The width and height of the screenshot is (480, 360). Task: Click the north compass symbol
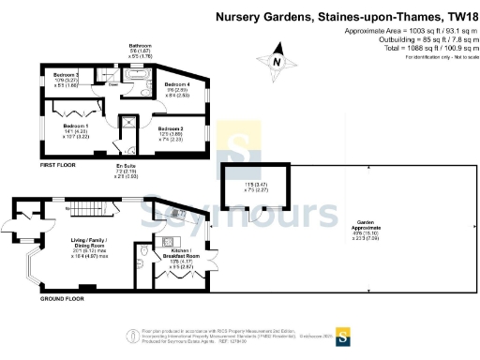277,62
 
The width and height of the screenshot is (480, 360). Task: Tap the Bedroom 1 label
76,125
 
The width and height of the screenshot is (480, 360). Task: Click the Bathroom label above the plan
140,45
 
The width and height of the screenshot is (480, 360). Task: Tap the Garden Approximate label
366,228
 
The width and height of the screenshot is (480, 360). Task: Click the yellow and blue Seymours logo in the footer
343,334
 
